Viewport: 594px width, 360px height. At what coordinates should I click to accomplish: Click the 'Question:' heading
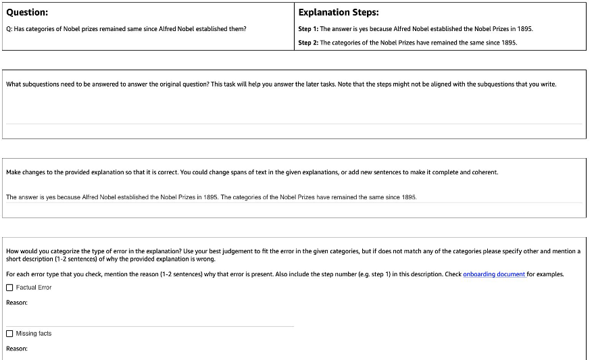click(26, 12)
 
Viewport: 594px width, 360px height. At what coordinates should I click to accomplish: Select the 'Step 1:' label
click(308, 29)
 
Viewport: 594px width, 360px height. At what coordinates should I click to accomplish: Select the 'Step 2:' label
click(308, 43)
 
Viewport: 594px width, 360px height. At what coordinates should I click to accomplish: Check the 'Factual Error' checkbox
click(9, 288)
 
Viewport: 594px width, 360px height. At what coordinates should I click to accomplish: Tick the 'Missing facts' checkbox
click(9, 334)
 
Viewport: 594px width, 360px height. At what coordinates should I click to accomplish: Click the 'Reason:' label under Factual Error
click(17, 303)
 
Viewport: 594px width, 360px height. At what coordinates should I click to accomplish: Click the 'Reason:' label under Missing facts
click(17, 349)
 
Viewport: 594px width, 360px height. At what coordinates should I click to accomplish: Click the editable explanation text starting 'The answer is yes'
click(211, 197)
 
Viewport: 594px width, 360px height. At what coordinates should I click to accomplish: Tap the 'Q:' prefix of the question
click(9, 29)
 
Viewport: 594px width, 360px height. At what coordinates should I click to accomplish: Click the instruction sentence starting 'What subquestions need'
click(280, 84)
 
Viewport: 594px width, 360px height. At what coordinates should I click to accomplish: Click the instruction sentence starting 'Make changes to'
click(251, 172)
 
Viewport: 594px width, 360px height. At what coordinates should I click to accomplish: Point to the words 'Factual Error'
click(34, 288)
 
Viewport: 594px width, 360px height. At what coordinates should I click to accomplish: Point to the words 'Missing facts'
click(34, 334)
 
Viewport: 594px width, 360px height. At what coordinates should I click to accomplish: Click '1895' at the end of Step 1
click(525, 29)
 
